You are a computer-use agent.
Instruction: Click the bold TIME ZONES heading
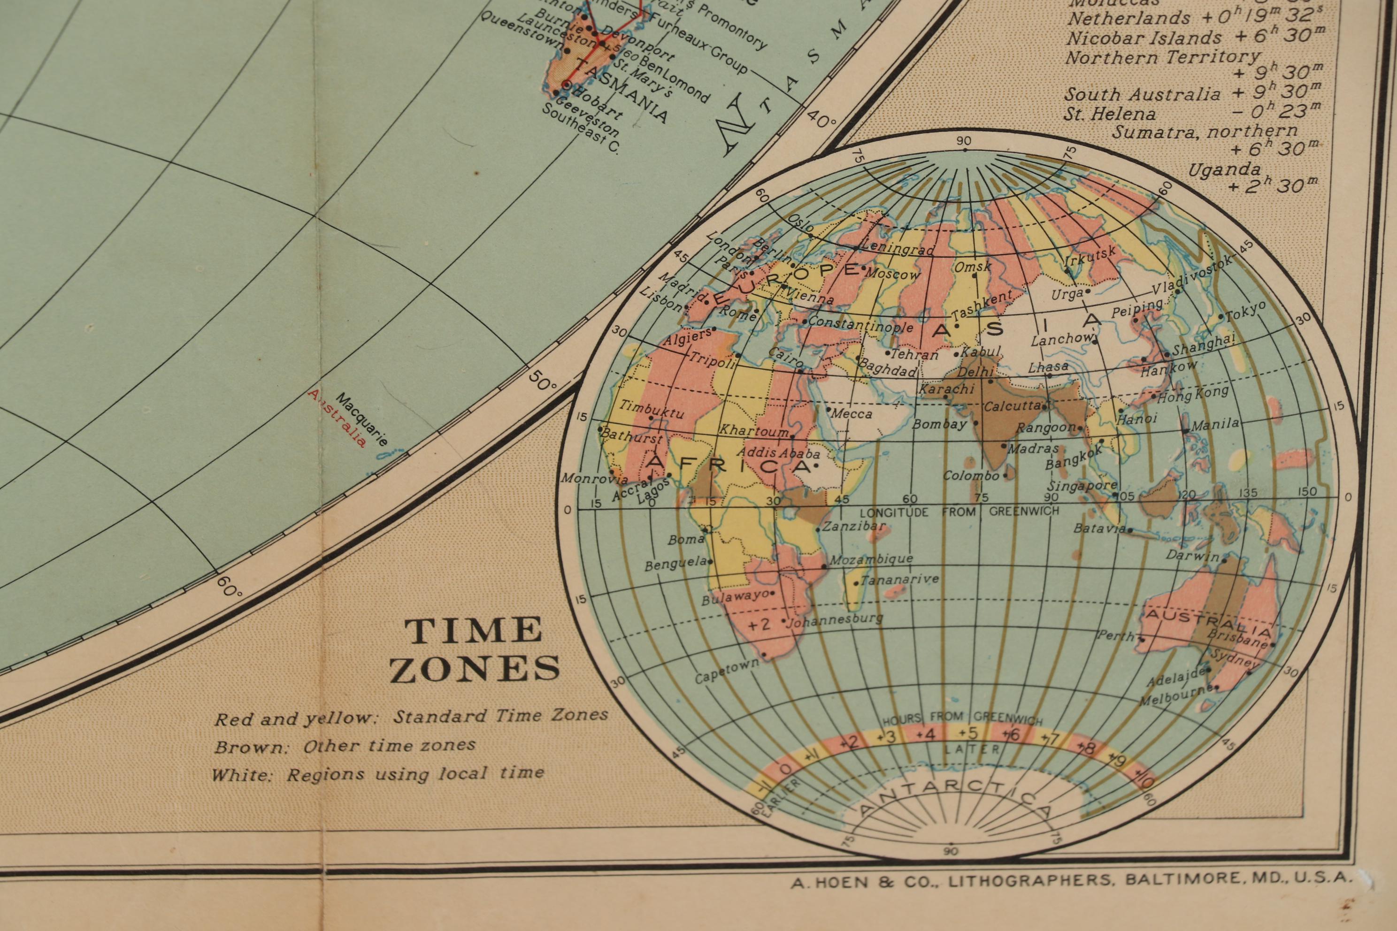click(474, 649)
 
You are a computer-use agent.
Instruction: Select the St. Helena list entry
click(1110, 114)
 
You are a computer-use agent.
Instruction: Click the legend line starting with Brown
click(345, 746)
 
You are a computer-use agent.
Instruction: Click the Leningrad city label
click(898, 249)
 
